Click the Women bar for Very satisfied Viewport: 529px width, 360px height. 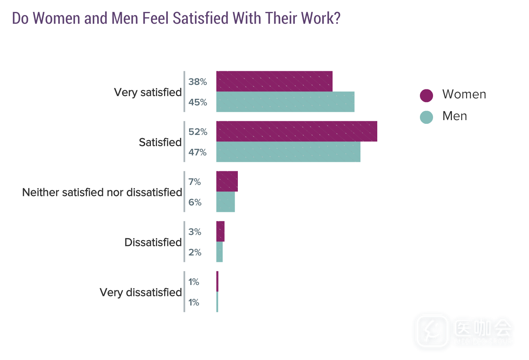tap(274, 81)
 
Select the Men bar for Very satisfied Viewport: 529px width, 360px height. tap(285, 102)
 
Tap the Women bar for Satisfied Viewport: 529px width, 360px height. tap(296, 131)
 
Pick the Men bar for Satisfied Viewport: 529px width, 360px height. tap(288, 152)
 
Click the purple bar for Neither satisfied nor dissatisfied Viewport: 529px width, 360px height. tap(227, 181)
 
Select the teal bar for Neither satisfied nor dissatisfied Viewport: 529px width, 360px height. tap(226, 202)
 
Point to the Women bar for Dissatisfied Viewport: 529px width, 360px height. tap(220, 231)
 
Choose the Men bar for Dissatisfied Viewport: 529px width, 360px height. tap(219, 252)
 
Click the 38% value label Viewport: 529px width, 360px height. tap(198, 82)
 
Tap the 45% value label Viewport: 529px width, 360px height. tap(198, 102)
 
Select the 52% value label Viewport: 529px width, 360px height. tap(198, 132)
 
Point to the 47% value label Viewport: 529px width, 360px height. tap(198, 152)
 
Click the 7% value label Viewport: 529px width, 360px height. tap(195, 182)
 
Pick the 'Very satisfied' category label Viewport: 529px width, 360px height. tap(148, 92)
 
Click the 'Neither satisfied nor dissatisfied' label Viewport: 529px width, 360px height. tap(102, 192)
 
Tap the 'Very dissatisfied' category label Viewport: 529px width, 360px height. tap(141, 292)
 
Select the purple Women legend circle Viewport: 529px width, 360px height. tap(426, 95)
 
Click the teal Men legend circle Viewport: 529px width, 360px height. tap(426, 117)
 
